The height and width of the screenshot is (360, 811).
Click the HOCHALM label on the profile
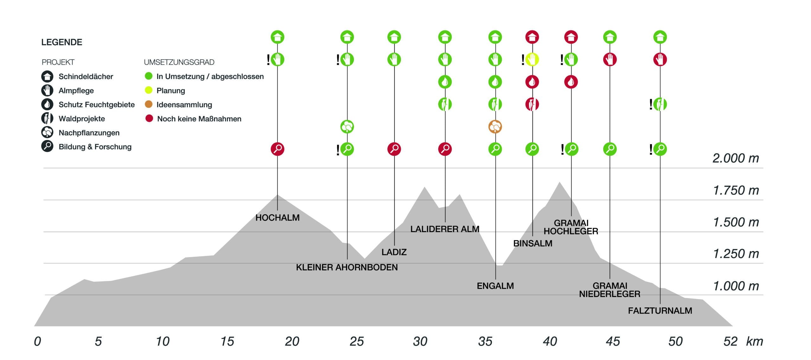tap(277, 218)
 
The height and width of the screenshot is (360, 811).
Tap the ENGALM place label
tap(495, 286)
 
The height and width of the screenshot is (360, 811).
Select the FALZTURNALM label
tap(660, 311)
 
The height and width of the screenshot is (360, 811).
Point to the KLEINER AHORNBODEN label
tap(347, 267)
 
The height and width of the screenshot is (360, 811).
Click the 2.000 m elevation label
tap(736, 158)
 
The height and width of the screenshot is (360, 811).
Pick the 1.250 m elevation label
tap(736, 254)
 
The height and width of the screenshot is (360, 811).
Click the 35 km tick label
tap(485, 342)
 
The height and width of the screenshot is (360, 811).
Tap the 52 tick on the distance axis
tap(731, 342)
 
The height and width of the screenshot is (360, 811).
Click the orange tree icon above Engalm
tap(495, 127)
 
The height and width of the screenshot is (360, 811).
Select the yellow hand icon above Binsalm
tap(532, 60)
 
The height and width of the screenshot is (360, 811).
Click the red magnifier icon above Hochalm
tap(278, 149)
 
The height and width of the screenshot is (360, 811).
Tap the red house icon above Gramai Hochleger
tap(571, 37)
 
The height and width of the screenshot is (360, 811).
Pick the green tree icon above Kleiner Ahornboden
tap(347, 127)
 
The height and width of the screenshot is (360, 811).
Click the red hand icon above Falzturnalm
tap(660, 60)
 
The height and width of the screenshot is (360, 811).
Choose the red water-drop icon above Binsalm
tap(532, 82)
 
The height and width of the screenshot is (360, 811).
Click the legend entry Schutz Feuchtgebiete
tap(96, 105)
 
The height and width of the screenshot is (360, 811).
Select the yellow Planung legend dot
tap(149, 90)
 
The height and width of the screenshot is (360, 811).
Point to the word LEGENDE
tap(62, 42)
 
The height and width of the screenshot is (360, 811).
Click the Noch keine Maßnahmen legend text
tap(199, 119)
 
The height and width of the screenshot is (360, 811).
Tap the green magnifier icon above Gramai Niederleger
tap(610, 149)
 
